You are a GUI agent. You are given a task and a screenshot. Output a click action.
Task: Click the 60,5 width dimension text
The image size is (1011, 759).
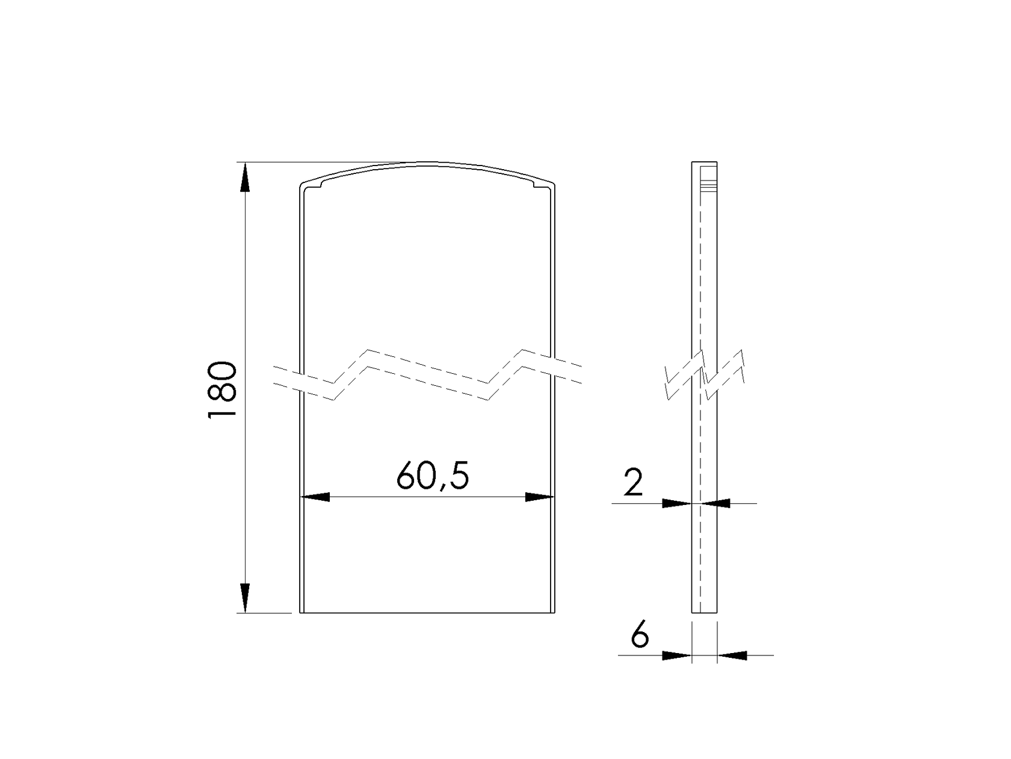click(432, 477)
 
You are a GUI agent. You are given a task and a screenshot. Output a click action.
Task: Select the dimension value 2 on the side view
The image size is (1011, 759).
click(633, 483)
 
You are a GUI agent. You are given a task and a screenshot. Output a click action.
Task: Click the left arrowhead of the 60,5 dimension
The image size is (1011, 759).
click(315, 497)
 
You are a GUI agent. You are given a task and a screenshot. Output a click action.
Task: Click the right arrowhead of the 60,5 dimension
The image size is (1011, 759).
click(538, 497)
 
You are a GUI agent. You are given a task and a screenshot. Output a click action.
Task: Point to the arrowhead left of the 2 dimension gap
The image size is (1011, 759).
click(676, 503)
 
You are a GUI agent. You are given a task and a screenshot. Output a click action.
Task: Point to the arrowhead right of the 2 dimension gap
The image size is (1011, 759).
click(716, 503)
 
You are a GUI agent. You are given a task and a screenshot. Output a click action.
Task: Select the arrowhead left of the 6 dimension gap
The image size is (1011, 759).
click(676, 655)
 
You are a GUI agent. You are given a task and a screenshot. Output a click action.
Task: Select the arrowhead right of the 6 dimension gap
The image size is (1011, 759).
click(732, 655)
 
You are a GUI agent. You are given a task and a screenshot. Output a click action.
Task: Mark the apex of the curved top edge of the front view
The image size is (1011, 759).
click(427, 163)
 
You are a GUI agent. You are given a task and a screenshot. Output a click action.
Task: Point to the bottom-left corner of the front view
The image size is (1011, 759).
click(300, 613)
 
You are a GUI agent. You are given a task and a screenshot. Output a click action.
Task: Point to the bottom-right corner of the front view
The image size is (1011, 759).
click(554, 613)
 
